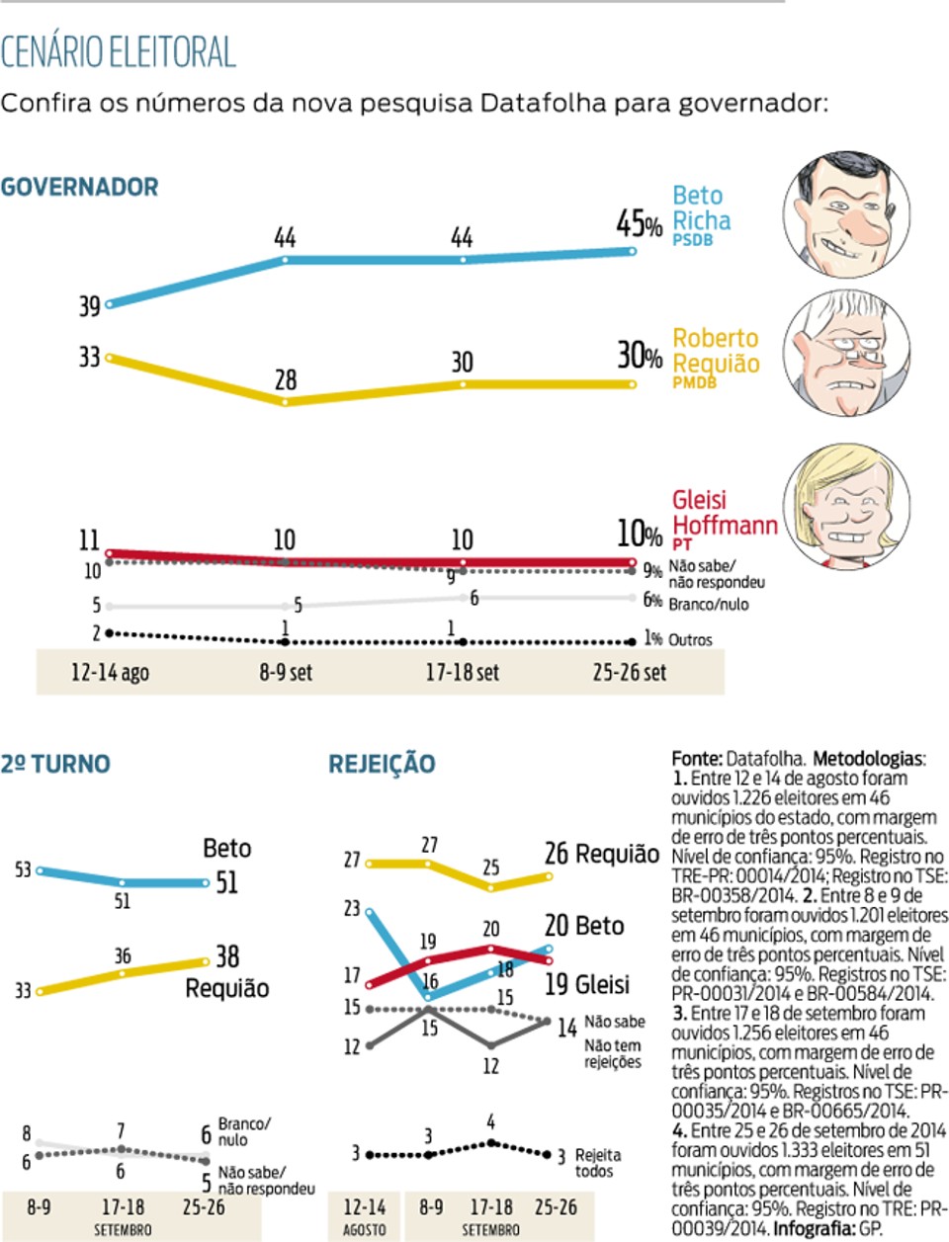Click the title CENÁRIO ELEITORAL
tap(119, 52)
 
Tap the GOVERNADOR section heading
tap(79, 187)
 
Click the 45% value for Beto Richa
tap(639, 223)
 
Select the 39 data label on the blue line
tap(89, 306)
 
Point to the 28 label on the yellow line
tap(286, 380)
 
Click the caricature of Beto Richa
tap(846, 213)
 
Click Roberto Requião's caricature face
tap(846, 353)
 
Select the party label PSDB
tap(693, 240)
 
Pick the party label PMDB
tap(694, 382)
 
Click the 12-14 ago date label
tap(110, 672)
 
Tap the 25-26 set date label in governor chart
tap(630, 672)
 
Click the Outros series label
tap(690, 640)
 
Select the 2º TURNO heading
tap(55, 764)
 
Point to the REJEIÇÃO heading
tap(382, 764)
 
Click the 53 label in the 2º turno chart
tap(23, 869)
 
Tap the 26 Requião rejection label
tap(602, 854)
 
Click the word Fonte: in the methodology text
tap(697, 758)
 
